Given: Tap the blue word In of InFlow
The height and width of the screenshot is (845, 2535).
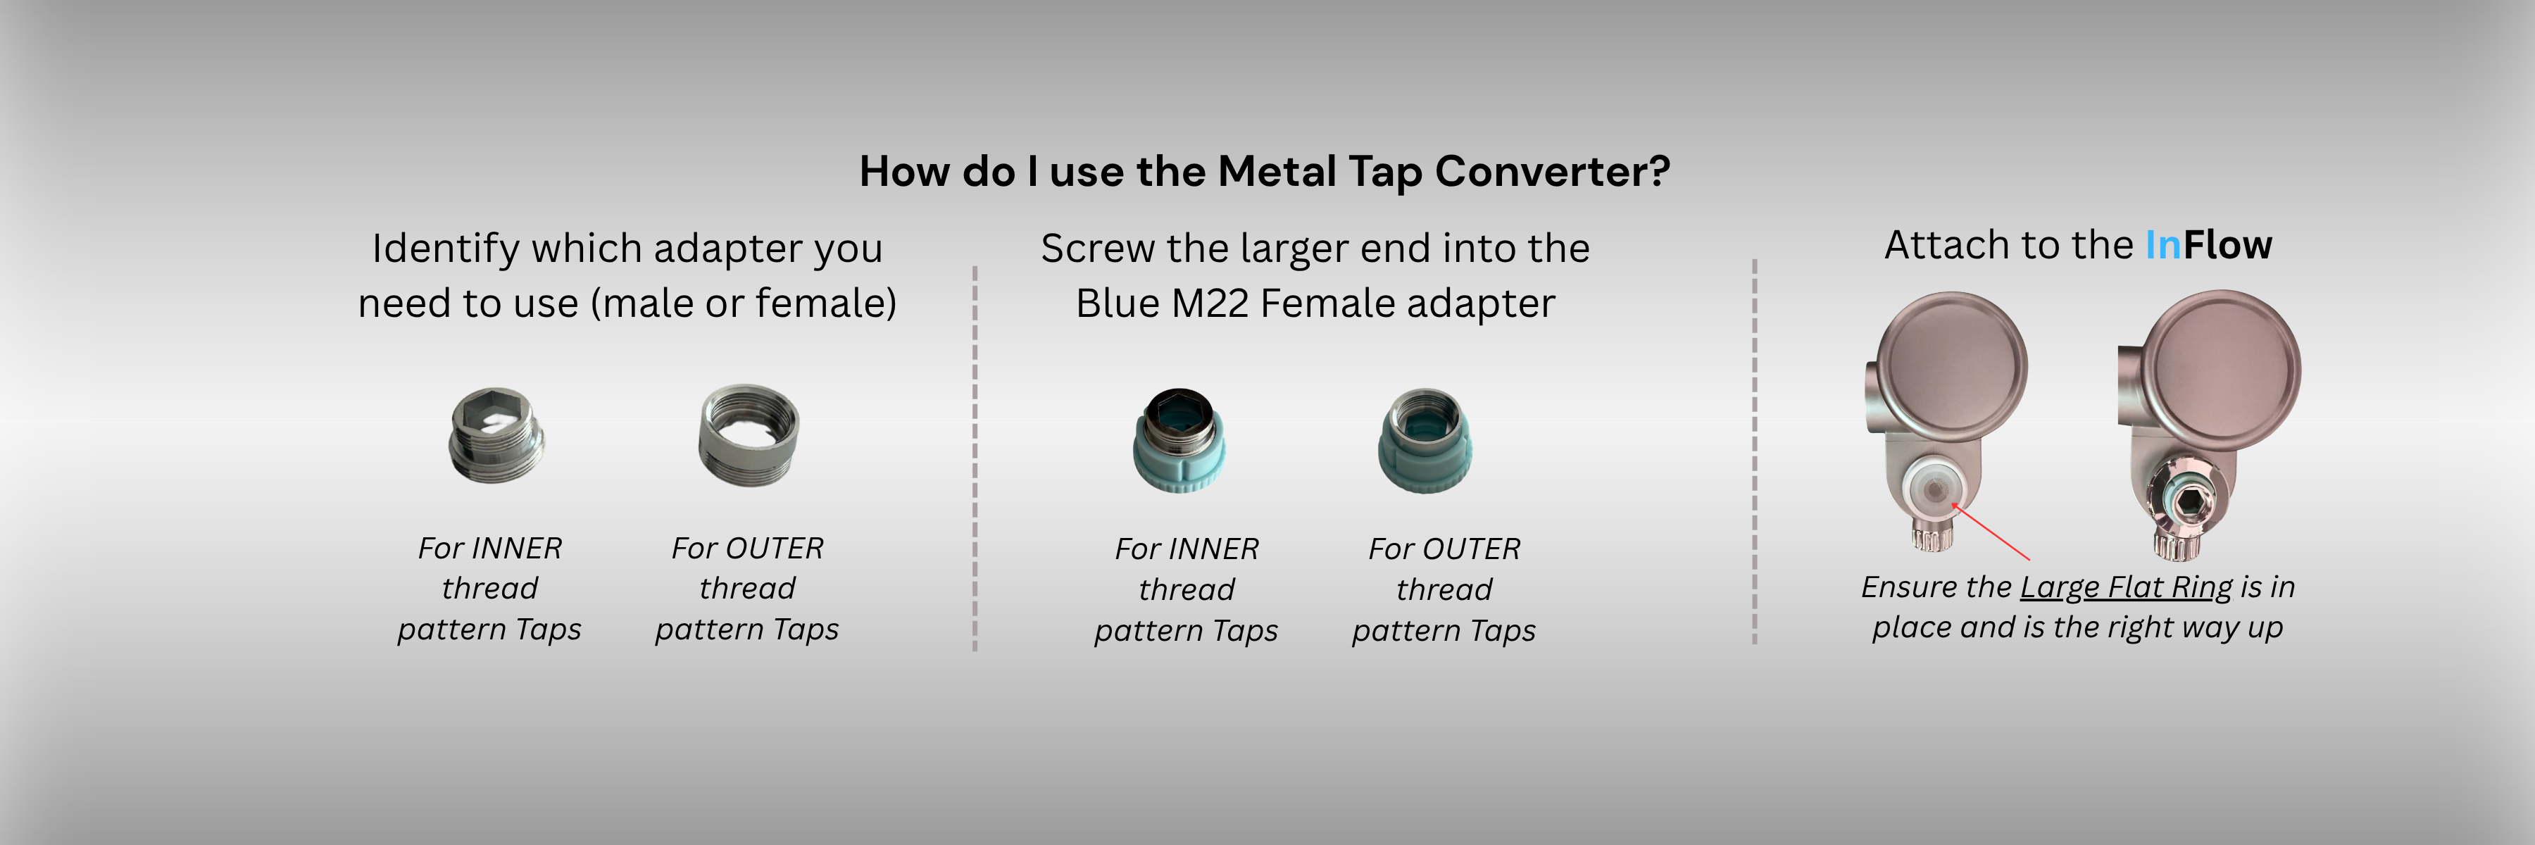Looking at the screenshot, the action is tap(2163, 245).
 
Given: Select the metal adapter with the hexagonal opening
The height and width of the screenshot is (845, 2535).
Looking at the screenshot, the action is tap(495, 434).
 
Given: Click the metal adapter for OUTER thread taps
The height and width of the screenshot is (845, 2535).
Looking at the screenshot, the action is tap(749, 434).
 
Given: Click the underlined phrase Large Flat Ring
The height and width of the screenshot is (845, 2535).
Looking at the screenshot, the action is tap(2127, 587).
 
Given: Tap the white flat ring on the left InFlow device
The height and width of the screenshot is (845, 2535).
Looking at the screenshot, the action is tap(1931, 489).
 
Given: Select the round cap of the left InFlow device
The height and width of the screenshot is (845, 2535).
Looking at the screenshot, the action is tap(1951, 365).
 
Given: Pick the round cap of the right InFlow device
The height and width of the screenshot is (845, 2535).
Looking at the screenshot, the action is tap(2222, 369).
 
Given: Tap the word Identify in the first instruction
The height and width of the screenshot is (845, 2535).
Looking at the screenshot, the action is tap(446, 249).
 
